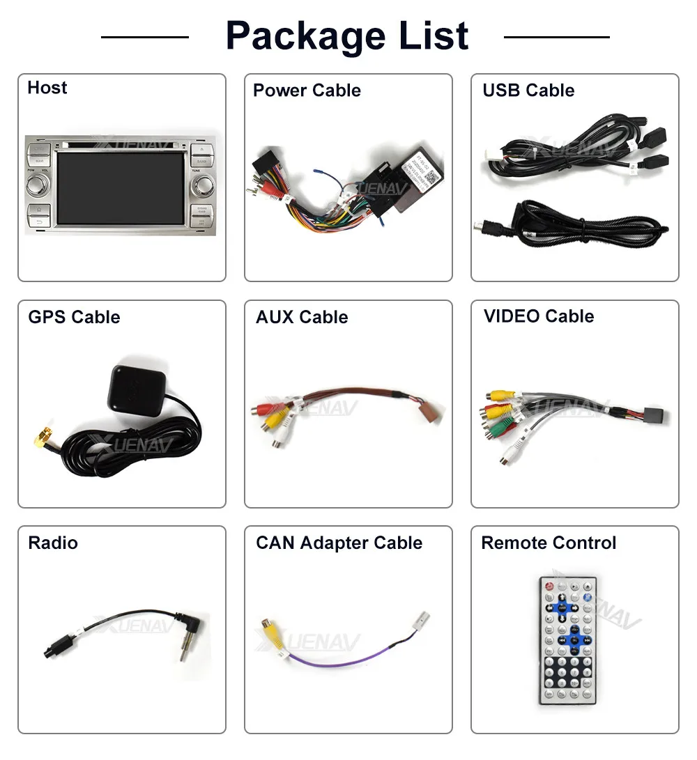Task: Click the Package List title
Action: [x=347, y=36]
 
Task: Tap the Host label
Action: [x=47, y=88]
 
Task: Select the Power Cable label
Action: [x=307, y=91]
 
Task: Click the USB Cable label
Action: [x=528, y=91]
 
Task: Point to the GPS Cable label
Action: [x=74, y=318]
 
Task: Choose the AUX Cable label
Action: [x=302, y=318]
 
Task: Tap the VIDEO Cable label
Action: [x=539, y=316]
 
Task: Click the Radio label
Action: [x=53, y=543]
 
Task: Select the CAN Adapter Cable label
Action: [x=339, y=543]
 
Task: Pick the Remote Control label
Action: [x=549, y=543]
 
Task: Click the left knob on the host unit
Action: [x=38, y=185]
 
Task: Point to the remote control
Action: [x=569, y=639]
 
